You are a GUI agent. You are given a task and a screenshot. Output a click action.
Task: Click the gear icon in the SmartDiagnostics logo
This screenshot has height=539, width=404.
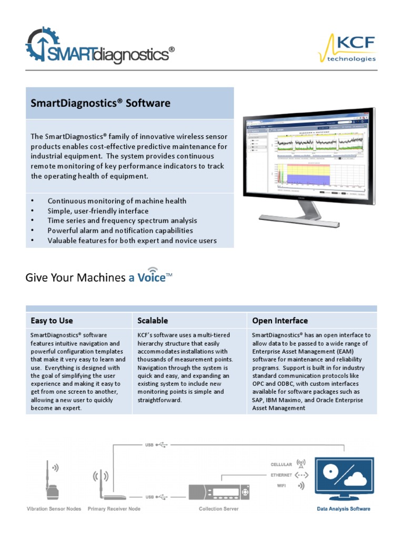pyautogui.click(x=42, y=44)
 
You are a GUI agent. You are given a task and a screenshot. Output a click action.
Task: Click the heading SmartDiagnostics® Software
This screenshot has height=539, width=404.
pyautogui.click(x=100, y=103)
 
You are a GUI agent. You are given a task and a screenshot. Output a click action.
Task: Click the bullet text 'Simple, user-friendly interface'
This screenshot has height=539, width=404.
pyautogui.click(x=98, y=211)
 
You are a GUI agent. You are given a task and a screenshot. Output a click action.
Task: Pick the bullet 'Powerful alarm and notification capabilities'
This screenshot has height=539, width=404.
pyautogui.click(x=120, y=231)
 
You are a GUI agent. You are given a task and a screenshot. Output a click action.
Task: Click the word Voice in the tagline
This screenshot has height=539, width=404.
pyautogui.click(x=151, y=277)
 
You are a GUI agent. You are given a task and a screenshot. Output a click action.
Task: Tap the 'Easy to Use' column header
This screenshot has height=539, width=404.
pyautogui.click(x=52, y=321)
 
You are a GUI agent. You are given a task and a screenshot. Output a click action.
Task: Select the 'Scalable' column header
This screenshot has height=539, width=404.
pyautogui.click(x=153, y=321)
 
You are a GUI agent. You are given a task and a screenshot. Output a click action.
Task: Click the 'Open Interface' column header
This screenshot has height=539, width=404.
pyautogui.click(x=280, y=321)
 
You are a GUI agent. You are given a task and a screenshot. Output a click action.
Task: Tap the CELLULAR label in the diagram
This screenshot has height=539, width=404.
pyautogui.click(x=281, y=465)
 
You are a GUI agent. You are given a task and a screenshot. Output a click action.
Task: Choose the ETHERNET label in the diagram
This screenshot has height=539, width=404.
pyautogui.click(x=281, y=475)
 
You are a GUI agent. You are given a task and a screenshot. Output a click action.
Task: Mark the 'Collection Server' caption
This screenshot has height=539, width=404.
pyautogui.click(x=218, y=509)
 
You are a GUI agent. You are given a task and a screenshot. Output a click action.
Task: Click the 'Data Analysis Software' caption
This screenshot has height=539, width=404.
pyautogui.click(x=343, y=509)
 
